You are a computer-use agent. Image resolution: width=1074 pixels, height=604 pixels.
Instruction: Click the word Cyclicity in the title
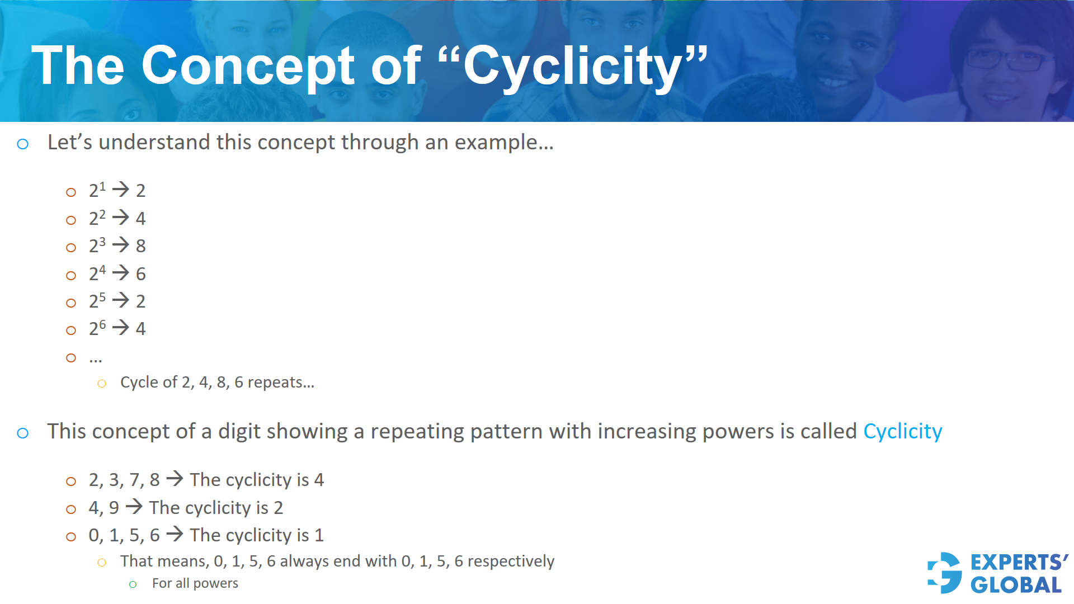(x=573, y=67)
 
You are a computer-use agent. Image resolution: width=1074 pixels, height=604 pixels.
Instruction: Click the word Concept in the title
(x=248, y=67)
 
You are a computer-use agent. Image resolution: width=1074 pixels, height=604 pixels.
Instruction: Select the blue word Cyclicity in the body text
(x=902, y=432)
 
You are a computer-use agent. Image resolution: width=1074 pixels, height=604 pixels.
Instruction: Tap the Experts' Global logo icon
(x=945, y=573)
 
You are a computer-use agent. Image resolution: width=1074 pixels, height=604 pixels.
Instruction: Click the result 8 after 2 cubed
(x=141, y=246)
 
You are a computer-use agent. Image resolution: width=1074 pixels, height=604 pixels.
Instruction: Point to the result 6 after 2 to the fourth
(x=141, y=274)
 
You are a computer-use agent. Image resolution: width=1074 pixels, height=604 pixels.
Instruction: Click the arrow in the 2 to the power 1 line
(x=121, y=190)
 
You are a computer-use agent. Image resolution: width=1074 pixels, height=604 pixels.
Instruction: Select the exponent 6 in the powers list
(x=102, y=324)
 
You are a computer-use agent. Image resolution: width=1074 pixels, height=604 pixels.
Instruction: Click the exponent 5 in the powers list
(x=102, y=297)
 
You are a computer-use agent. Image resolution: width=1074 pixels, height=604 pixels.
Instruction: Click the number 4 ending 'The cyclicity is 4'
(x=319, y=480)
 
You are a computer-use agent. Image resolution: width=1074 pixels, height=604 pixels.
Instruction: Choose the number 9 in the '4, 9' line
(x=114, y=508)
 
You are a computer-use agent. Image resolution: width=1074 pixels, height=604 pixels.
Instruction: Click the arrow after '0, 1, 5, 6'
(x=175, y=534)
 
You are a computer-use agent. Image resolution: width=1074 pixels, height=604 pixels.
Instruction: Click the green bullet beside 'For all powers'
(x=133, y=584)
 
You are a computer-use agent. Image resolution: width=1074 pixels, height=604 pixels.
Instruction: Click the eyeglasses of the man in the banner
(x=1007, y=59)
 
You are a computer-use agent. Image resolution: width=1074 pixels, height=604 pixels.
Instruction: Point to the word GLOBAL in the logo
(x=1016, y=586)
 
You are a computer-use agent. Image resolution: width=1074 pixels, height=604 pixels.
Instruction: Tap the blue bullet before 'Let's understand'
(x=23, y=144)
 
